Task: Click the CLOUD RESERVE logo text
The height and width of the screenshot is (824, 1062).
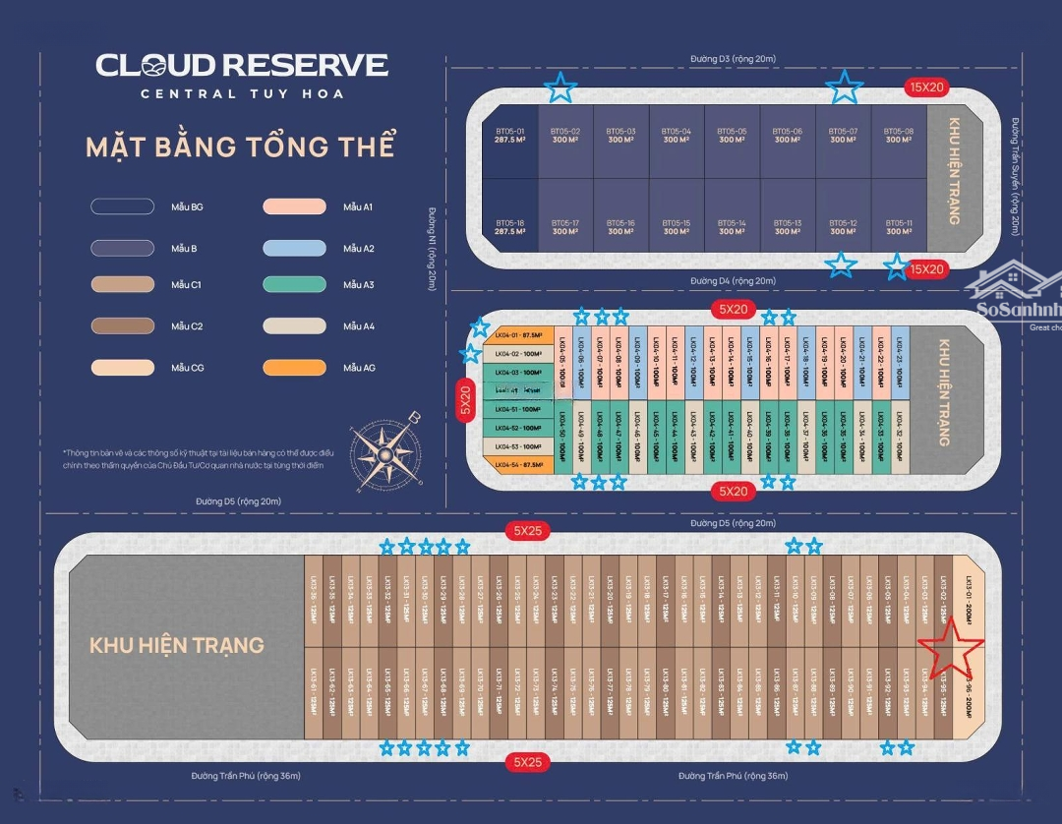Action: click(x=242, y=66)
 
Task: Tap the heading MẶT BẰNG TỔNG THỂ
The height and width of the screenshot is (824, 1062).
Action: click(x=240, y=147)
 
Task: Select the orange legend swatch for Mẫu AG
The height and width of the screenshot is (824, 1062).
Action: click(x=294, y=368)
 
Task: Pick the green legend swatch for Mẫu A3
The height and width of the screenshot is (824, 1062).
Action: click(x=294, y=285)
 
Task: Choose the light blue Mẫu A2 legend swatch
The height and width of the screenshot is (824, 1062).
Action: click(x=294, y=249)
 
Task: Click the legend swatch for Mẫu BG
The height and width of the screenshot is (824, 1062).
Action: click(x=122, y=206)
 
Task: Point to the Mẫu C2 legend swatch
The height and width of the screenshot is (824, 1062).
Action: click(x=122, y=325)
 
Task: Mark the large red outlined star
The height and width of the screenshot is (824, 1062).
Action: click(x=951, y=648)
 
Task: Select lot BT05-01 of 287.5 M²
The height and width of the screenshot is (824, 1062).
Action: click(x=508, y=136)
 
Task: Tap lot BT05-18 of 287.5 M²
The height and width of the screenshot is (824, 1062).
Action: click(x=508, y=227)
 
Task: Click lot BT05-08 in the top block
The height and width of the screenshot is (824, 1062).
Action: click(x=898, y=136)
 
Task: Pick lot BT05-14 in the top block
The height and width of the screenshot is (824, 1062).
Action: click(x=732, y=227)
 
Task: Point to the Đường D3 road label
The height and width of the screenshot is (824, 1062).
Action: click(x=733, y=59)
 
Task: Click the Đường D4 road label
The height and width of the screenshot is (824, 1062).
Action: click(x=733, y=281)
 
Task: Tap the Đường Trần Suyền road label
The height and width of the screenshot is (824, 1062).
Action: click(x=1015, y=177)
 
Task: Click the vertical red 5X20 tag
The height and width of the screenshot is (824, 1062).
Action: click(x=465, y=400)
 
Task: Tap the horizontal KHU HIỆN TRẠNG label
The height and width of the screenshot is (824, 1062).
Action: click(x=177, y=645)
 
